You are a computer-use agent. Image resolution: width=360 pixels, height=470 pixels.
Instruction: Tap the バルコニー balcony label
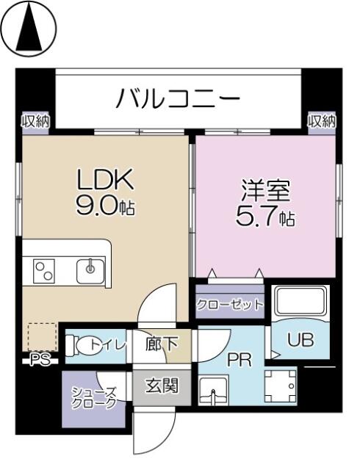point(177,98)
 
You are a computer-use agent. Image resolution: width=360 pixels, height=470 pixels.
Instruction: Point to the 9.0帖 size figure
point(105,206)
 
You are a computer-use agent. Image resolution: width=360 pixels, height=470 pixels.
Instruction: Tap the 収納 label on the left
point(34,120)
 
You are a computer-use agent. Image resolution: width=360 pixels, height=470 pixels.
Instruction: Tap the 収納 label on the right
point(322,120)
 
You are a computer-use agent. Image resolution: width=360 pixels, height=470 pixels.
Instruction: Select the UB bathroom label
point(300,341)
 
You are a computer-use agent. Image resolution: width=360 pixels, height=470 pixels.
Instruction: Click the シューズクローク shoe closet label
point(93,397)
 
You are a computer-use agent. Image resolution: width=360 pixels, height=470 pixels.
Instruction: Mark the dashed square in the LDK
point(42,335)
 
